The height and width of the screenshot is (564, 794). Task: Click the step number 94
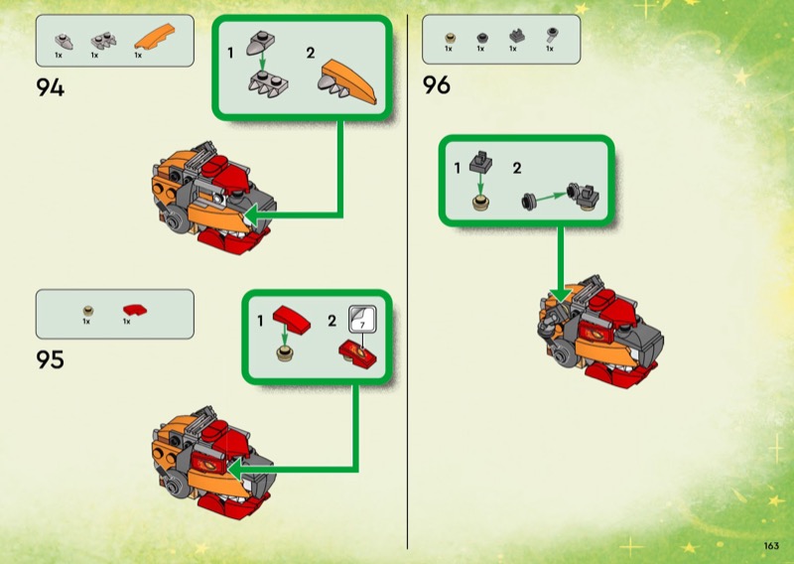click(51, 87)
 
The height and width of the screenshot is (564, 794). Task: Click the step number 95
click(51, 359)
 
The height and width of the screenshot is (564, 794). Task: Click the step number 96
click(437, 85)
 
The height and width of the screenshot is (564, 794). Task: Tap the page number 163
click(771, 545)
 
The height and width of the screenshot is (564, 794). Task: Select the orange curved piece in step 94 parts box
click(155, 37)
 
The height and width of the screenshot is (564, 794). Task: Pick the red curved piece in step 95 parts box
click(135, 310)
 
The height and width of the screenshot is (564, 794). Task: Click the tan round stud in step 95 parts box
click(88, 310)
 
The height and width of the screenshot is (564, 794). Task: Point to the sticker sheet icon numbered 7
click(362, 319)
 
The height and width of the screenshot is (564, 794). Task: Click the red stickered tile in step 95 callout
click(357, 353)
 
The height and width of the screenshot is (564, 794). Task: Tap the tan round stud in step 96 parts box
click(451, 38)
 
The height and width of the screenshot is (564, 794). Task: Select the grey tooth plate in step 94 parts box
click(103, 41)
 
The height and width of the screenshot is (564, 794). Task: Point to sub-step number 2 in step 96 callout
click(516, 168)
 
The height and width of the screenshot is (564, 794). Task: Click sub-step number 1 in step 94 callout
click(230, 53)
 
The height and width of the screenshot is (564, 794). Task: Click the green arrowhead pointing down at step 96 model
click(561, 295)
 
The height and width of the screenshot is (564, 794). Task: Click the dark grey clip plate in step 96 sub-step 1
click(480, 161)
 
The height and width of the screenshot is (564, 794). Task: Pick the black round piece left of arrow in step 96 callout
click(528, 202)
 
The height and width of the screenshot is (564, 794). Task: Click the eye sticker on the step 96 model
click(597, 333)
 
